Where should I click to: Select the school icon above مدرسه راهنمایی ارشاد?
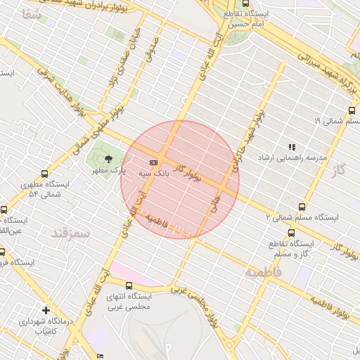pyautogui.click(x=291, y=147)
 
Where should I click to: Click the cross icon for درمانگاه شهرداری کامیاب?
pyautogui.click(x=46, y=310)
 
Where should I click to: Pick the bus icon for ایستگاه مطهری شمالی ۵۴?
pyautogui.click(x=45, y=174)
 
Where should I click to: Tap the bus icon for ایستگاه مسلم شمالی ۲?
pyautogui.click(x=302, y=207)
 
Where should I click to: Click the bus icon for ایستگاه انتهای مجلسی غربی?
pyautogui.click(x=129, y=285)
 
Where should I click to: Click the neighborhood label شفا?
pyautogui.click(x=32, y=15)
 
